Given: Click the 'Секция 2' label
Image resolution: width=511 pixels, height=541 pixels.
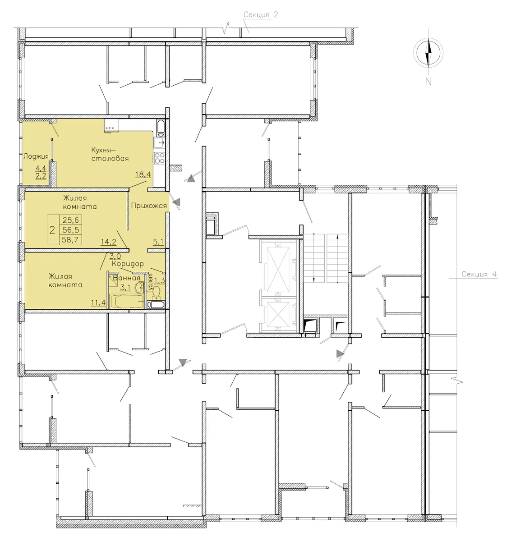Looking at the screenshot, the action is click(x=260, y=15).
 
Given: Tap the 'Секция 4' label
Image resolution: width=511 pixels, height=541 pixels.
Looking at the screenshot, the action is click(x=479, y=274).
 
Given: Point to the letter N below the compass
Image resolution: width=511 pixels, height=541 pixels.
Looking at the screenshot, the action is click(x=428, y=82).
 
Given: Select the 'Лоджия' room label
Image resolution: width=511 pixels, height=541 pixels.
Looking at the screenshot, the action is click(x=36, y=156).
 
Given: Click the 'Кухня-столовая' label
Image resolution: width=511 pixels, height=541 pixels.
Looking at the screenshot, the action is click(x=110, y=154).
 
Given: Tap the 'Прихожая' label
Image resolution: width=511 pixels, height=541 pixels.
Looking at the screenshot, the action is click(x=149, y=206).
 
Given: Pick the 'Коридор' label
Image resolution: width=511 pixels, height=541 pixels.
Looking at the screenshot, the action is click(x=128, y=264).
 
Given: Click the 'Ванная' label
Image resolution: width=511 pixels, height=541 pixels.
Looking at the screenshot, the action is click(x=126, y=278).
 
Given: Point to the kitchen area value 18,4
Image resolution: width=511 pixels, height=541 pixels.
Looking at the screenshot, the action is click(x=143, y=174).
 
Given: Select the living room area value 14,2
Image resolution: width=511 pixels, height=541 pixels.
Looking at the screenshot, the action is click(x=108, y=242).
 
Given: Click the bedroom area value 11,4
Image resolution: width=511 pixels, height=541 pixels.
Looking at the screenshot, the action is click(x=98, y=302).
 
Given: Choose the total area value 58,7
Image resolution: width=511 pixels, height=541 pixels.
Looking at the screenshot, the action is click(x=71, y=240).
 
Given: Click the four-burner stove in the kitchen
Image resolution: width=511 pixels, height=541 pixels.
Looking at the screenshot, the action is click(x=159, y=158).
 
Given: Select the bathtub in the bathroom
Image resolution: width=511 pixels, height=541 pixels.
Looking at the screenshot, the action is click(x=126, y=302).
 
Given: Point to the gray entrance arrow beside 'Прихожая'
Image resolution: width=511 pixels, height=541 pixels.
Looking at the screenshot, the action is click(x=177, y=202).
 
